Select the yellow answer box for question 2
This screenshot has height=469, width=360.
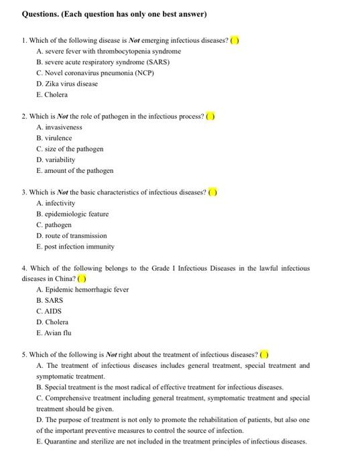coord(211,116)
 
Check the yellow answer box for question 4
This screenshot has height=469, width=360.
coord(82,279)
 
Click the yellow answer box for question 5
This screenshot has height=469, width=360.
coord(264,355)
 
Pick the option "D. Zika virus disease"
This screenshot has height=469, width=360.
coord(67,84)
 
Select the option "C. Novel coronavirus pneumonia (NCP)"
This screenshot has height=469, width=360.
coord(95,73)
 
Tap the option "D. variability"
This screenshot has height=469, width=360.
coord(56,159)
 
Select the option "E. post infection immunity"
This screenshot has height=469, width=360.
coord(75,247)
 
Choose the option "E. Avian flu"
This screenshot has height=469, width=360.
coord(54,332)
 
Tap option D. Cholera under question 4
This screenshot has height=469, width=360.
coord(52,322)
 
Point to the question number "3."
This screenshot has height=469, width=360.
coord(24,192)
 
